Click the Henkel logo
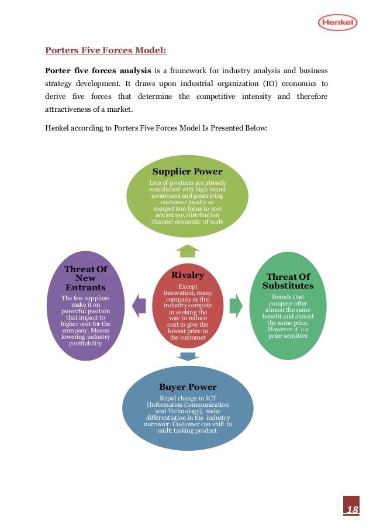point(337,23)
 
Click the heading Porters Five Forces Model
point(106,51)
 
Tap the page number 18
point(351,510)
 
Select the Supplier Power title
point(187,172)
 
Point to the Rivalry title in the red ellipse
point(188,275)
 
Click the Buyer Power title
point(188,387)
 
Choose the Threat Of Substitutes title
point(288,281)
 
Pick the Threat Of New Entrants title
point(85,278)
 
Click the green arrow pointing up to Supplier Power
point(187,251)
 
